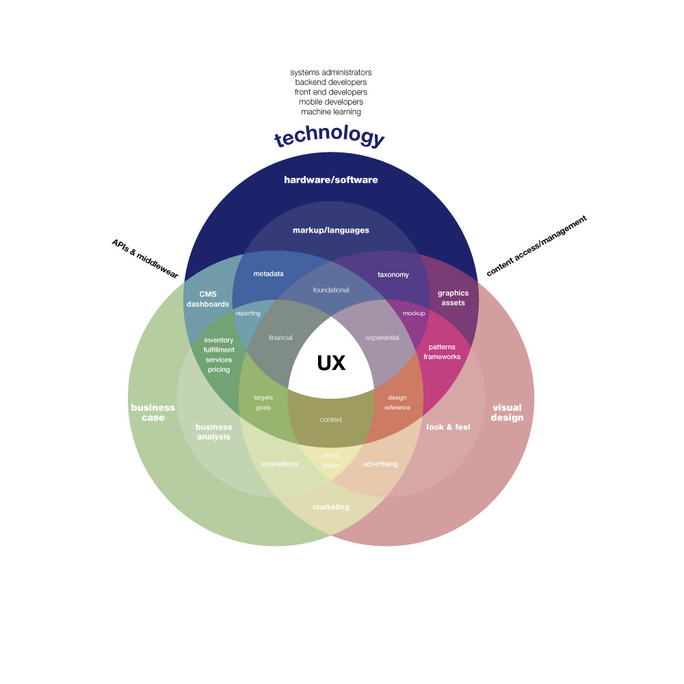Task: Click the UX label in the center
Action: pyautogui.click(x=331, y=363)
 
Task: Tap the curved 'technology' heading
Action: pyautogui.click(x=330, y=135)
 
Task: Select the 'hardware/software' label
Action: pyautogui.click(x=330, y=180)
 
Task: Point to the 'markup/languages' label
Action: pyautogui.click(x=330, y=231)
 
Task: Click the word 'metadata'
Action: pyautogui.click(x=268, y=274)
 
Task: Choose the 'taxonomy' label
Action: pyautogui.click(x=393, y=275)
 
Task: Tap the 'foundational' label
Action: pyautogui.click(x=330, y=289)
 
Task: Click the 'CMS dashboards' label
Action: pyautogui.click(x=208, y=299)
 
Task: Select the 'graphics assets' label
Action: pyautogui.click(x=453, y=298)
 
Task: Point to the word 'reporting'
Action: pyautogui.click(x=248, y=313)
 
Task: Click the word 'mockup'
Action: pyautogui.click(x=414, y=313)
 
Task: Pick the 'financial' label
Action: pyautogui.click(x=280, y=338)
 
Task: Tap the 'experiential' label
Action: pyautogui.click(x=382, y=338)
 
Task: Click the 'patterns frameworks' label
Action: pyautogui.click(x=442, y=352)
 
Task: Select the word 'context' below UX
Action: pyautogui.click(x=330, y=420)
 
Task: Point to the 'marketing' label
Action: pyautogui.click(x=330, y=507)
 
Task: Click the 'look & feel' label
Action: pyautogui.click(x=448, y=427)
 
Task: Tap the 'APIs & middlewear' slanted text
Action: pyautogui.click(x=145, y=259)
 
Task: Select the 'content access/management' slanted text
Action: pyautogui.click(x=536, y=246)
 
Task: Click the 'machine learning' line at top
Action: pyautogui.click(x=330, y=111)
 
